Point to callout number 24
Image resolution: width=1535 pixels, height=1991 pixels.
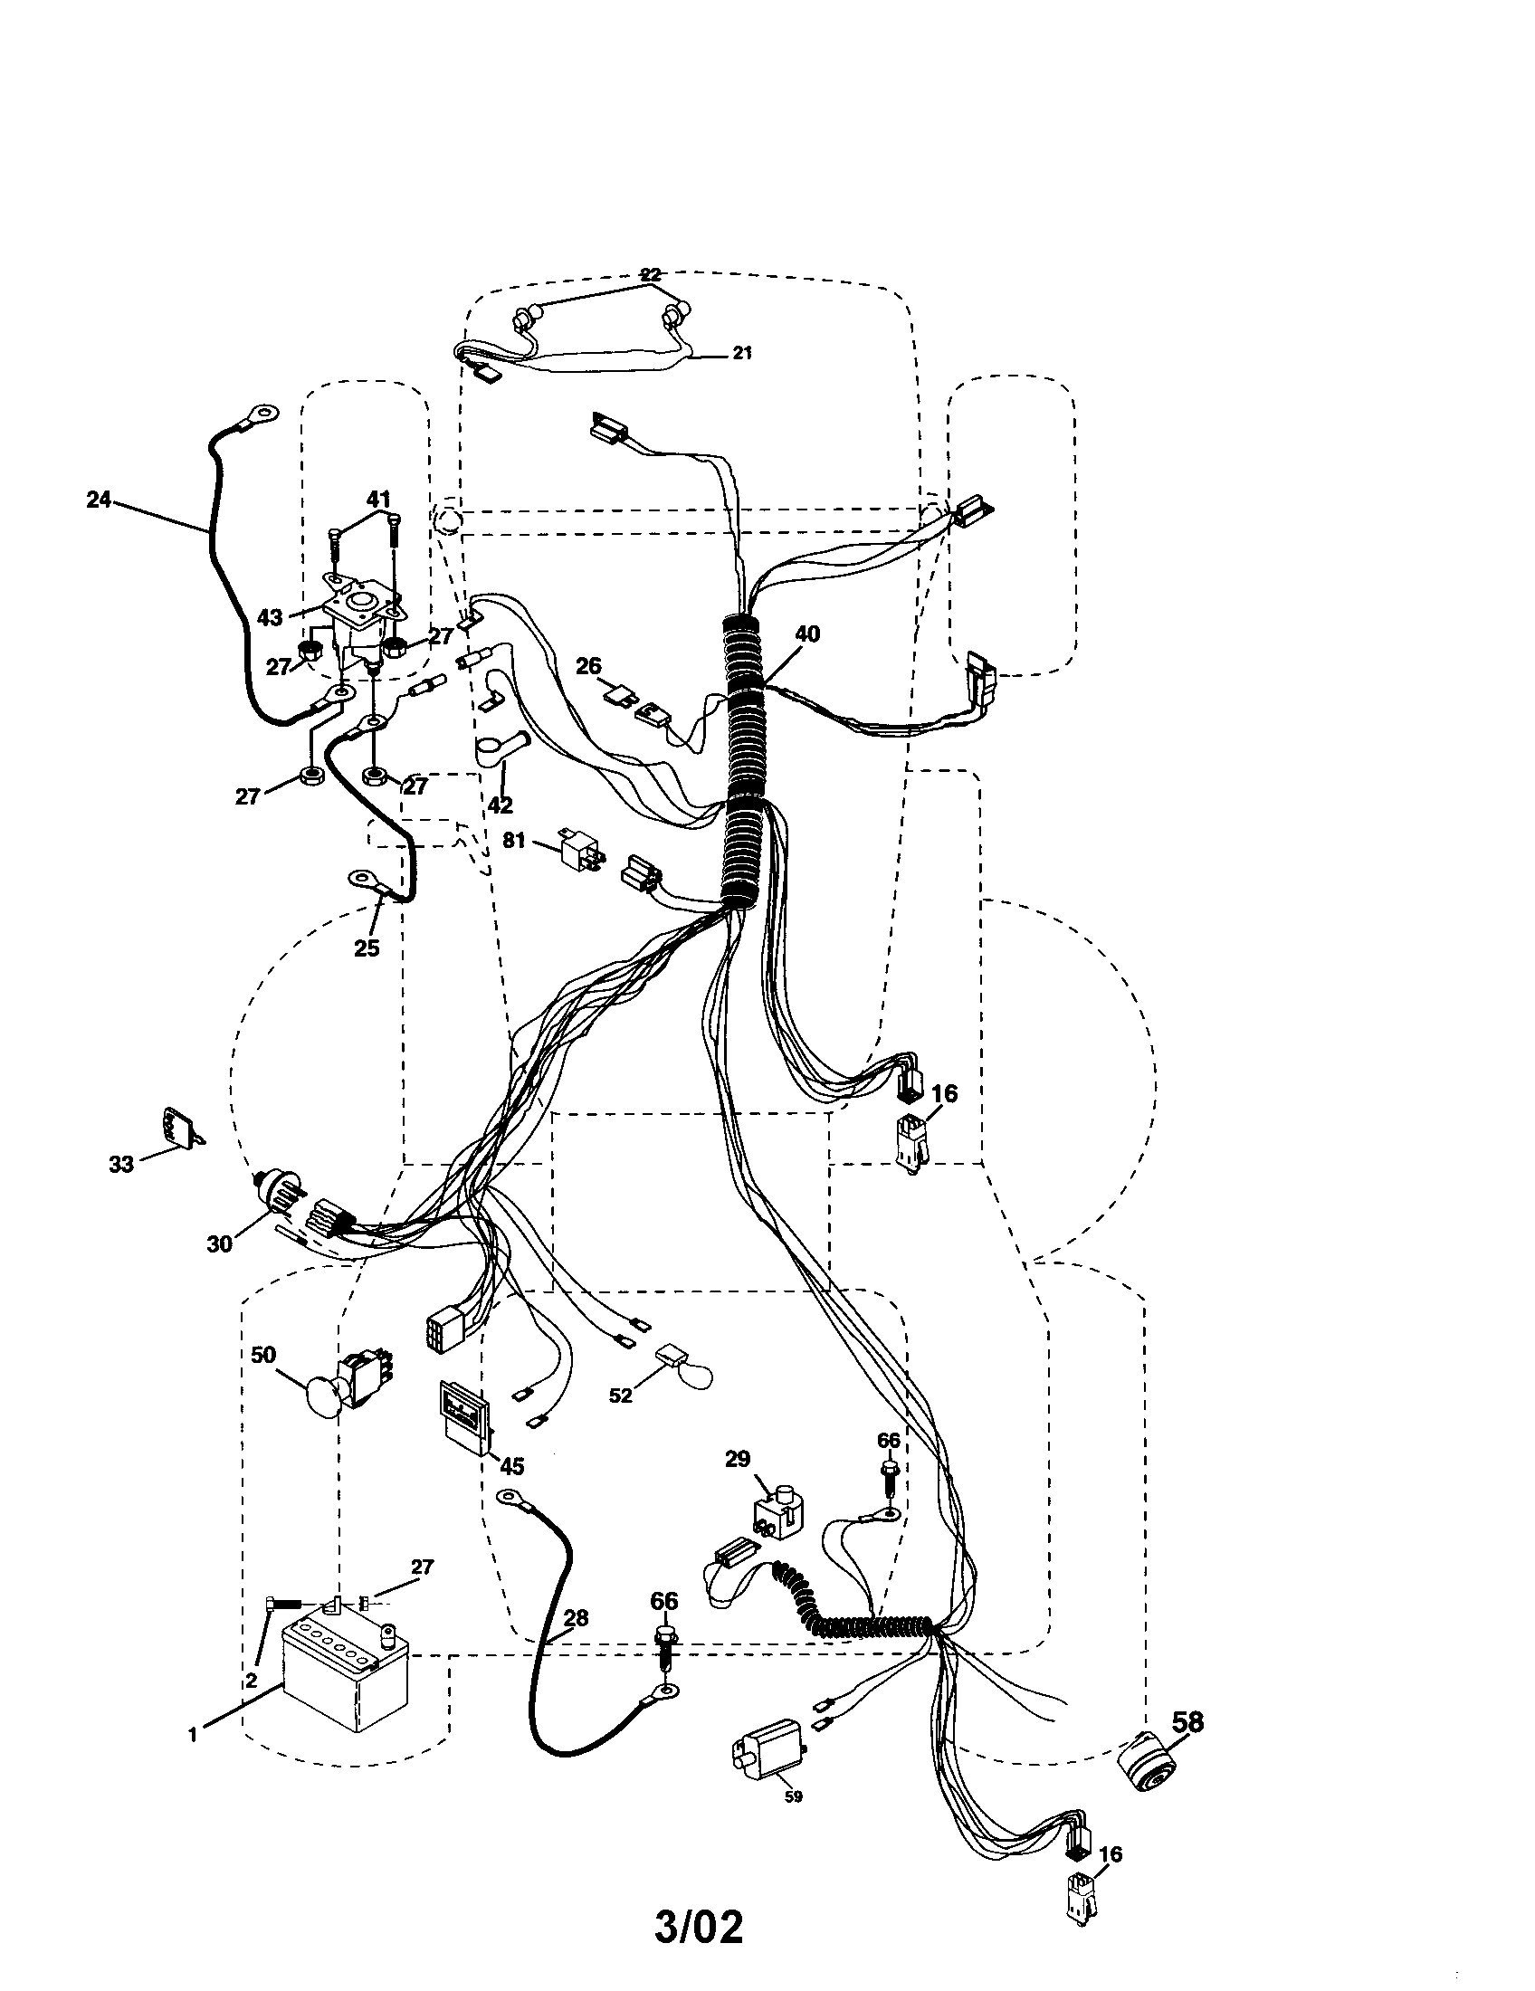pos(99,499)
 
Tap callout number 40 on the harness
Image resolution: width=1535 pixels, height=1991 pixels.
pos(807,634)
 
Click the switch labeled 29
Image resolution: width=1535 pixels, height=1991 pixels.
pos(776,1511)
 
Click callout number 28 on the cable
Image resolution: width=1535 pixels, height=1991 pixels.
pos(575,1618)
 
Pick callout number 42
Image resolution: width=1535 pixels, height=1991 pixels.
pos(501,805)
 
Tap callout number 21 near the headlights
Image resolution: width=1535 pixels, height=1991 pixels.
pos(743,353)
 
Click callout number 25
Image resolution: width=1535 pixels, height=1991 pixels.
pos(367,948)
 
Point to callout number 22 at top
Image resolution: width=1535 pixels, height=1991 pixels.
pos(651,273)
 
